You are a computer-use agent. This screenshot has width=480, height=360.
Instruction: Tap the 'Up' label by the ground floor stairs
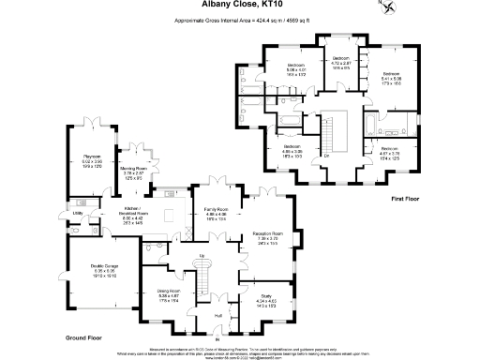click(202, 255)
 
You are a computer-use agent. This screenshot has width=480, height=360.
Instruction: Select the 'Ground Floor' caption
click(83, 335)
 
